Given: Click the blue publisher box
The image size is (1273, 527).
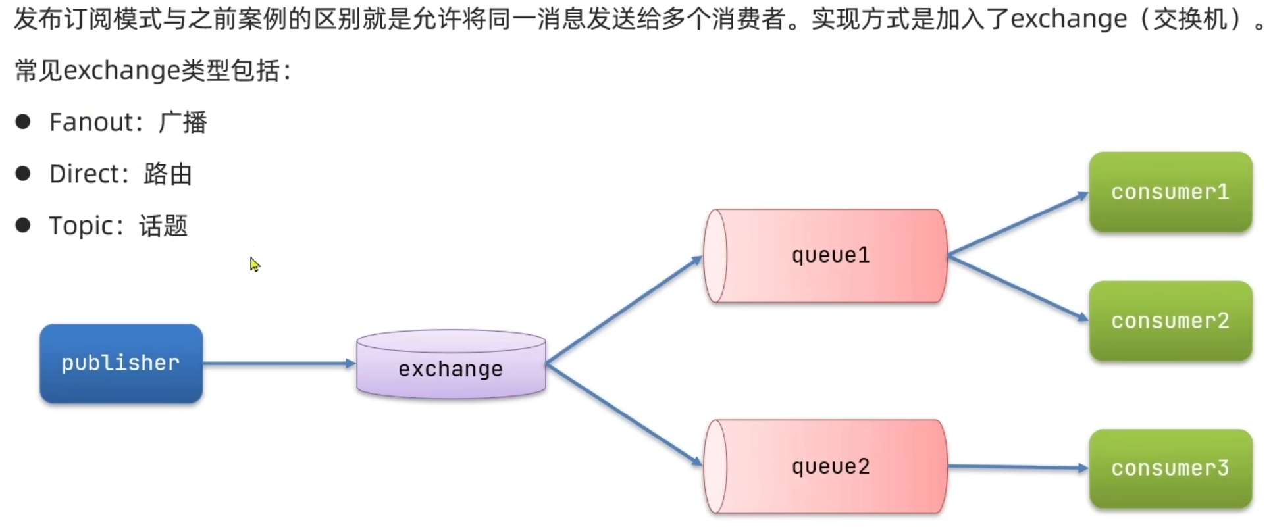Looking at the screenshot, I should pos(121,363).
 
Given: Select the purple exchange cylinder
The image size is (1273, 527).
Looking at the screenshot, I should pos(451,365).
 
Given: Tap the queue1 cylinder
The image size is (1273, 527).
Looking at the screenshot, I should pos(826,256).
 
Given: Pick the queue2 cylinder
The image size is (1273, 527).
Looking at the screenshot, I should pos(826,466).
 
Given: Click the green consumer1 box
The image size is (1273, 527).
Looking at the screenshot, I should pos(1170,192).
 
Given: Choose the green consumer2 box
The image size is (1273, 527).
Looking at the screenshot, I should pos(1170,321).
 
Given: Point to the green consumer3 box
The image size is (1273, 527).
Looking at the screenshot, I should pos(1170,468).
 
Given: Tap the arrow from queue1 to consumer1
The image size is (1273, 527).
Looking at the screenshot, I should pos(1017,224).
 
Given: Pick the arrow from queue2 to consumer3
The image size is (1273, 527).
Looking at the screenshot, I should pos(1017,467).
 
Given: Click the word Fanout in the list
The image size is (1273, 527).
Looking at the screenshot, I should pos(91,122).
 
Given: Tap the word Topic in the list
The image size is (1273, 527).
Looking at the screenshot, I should pos(82,226).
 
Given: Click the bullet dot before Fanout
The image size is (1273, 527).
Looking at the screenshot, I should pos(23,122).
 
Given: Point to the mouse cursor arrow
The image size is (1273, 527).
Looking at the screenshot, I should pos(255,264).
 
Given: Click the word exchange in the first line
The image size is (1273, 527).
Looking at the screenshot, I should pos(1068,20).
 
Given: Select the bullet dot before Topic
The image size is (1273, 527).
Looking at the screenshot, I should pos(23,226).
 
